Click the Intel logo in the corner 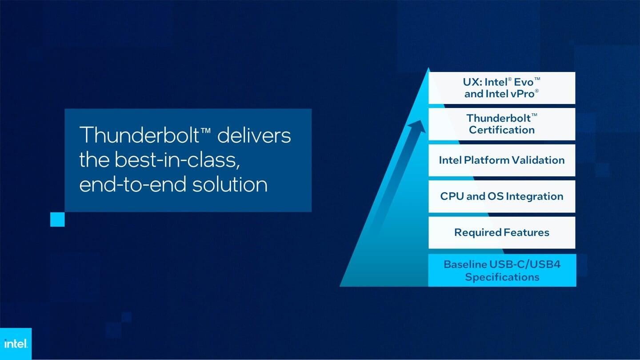(x=16, y=344)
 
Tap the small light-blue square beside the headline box (x=57, y=220)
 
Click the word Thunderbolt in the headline (x=139, y=135)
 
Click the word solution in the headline (x=230, y=184)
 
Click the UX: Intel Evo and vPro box (x=502, y=88)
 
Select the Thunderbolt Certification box (x=502, y=124)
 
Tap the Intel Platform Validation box (x=502, y=160)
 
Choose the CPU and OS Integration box (x=502, y=196)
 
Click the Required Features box (x=502, y=232)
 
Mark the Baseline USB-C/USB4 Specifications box (x=502, y=270)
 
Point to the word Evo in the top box (x=524, y=82)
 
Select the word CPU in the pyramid (x=452, y=196)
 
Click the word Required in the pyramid (x=477, y=232)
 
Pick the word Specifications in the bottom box (x=502, y=277)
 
